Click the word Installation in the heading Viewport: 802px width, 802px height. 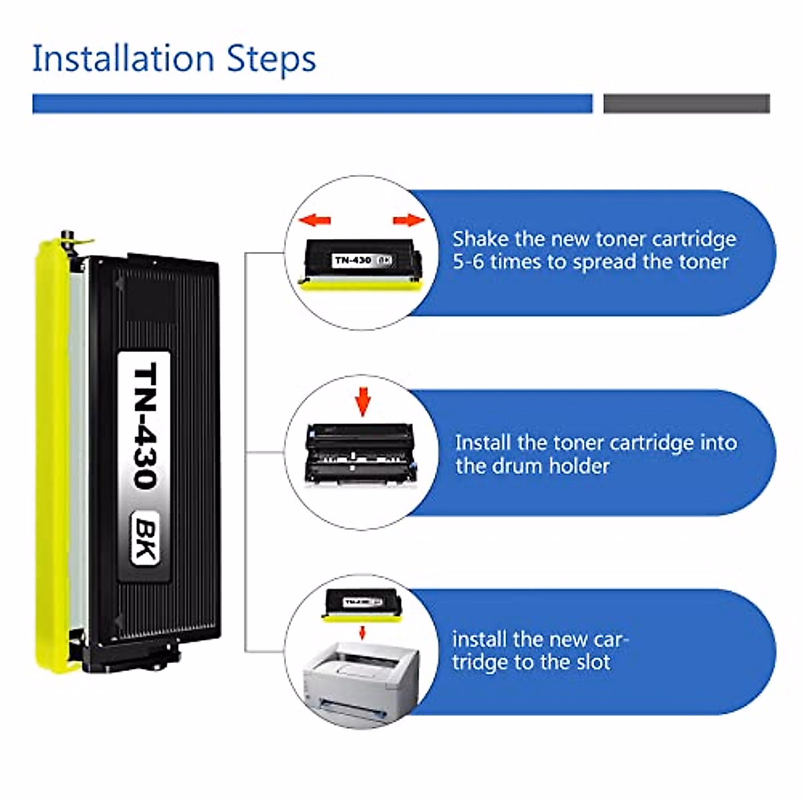(x=123, y=58)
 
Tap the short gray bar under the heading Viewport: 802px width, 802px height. (x=686, y=104)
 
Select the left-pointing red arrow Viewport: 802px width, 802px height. (x=315, y=220)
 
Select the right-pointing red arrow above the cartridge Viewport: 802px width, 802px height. (x=408, y=220)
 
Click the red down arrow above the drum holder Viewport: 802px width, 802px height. (x=362, y=400)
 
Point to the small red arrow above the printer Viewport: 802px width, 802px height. (x=362, y=632)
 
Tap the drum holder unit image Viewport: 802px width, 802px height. (x=361, y=454)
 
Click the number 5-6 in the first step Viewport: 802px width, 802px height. (x=468, y=262)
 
